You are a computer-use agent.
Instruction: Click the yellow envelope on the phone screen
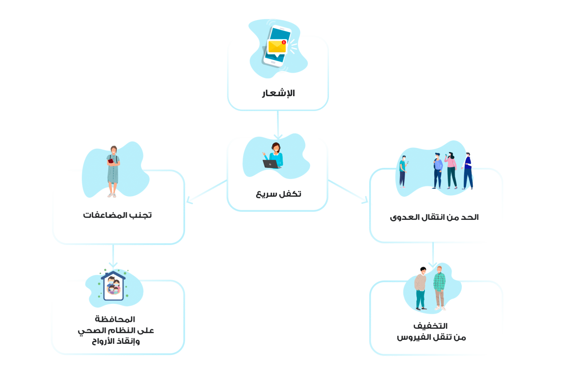click(x=277, y=46)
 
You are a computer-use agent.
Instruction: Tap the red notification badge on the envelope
click(x=284, y=42)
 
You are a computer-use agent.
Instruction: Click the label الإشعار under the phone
click(x=278, y=93)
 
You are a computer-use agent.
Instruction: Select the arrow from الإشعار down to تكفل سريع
click(x=278, y=124)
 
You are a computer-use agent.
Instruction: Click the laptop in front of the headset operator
click(x=271, y=164)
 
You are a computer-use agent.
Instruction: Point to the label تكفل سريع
click(x=278, y=194)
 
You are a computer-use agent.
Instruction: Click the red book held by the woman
click(x=110, y=160)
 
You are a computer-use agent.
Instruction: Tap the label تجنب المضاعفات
click(x=117, y=215)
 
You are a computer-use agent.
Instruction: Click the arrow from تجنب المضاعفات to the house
click(x=113, y=256)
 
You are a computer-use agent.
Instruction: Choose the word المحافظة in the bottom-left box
click(x=115, y=319)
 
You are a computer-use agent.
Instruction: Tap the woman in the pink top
click(x=451, y=170)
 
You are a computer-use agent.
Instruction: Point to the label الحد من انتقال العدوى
click(x=434, y=217)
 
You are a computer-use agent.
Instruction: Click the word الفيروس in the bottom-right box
click(x=413, y=337)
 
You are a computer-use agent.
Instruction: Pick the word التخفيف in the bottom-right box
click(x=431, y=325)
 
